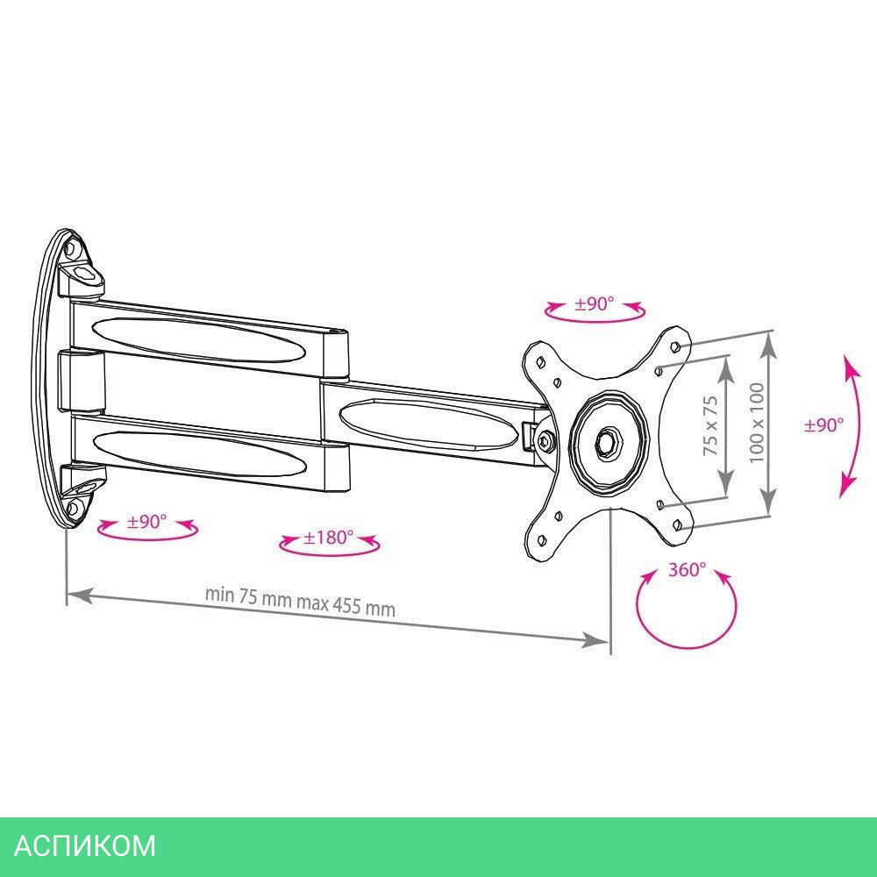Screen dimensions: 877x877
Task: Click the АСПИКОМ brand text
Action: (86, 845)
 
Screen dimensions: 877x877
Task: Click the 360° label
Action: (687, 569)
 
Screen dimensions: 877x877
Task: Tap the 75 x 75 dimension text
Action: (710, 424)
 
